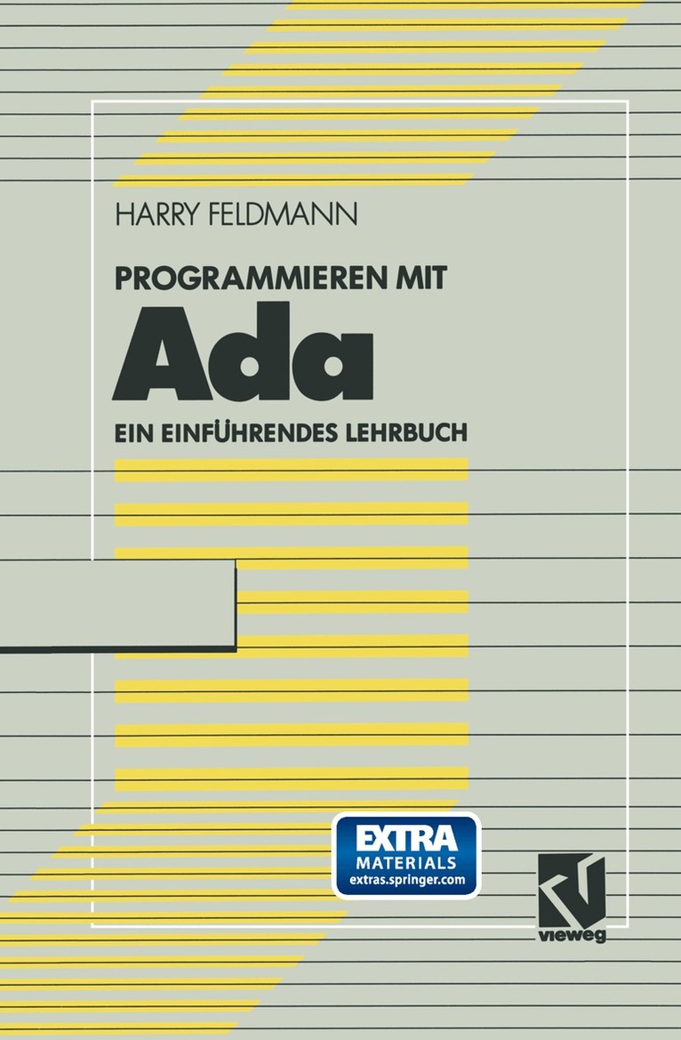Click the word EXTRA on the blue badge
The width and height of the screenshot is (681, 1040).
tap(405, 838)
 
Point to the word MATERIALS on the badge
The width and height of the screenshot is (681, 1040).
tap(405, 863)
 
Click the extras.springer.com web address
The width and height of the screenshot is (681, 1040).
tap(405, 882)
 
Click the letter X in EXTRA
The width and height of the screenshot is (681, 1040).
tap(381, 838)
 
